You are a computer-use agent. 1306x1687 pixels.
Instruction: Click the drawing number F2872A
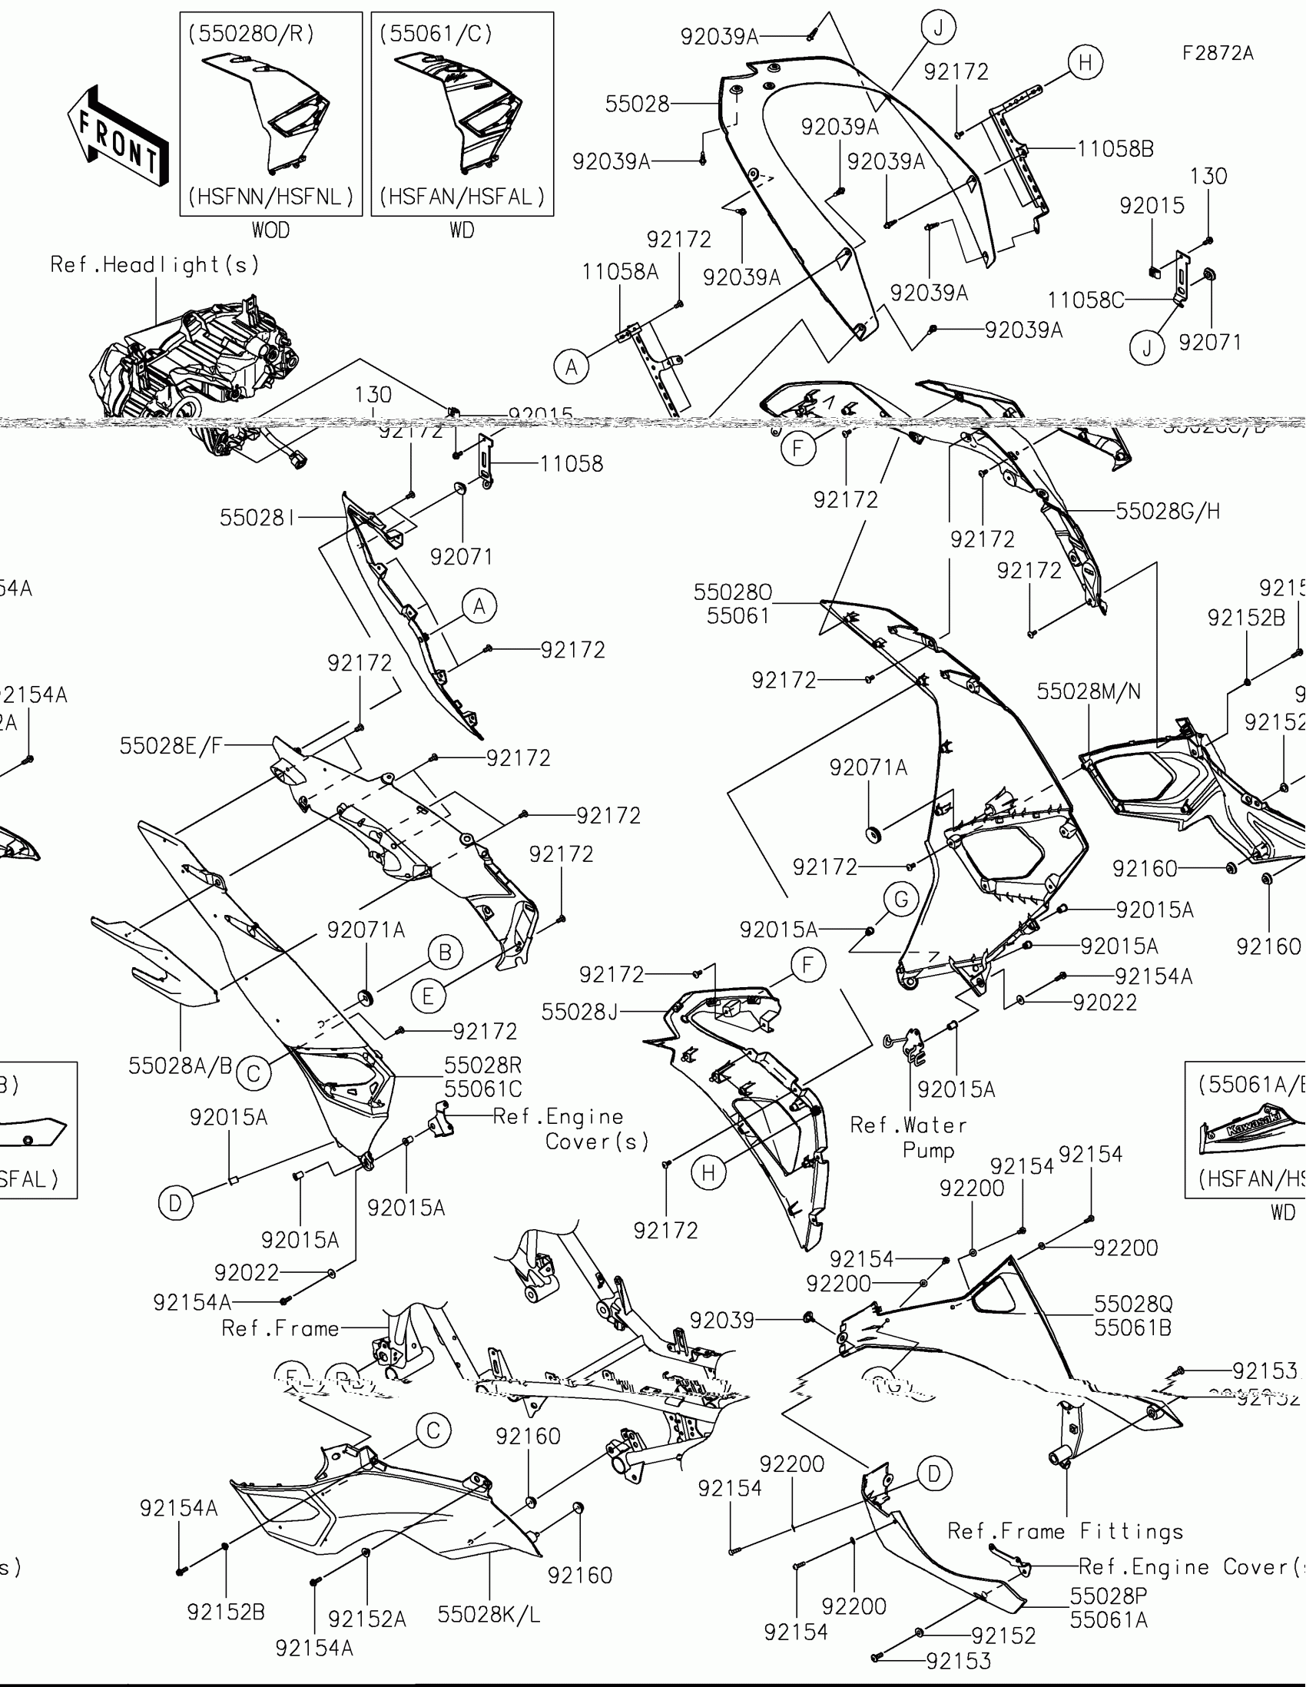click(1218, 53)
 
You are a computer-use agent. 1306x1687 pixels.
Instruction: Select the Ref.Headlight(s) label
click(154, 265)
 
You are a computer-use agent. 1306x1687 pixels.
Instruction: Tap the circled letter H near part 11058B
click(1085, 61)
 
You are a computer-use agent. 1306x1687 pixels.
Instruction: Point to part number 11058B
click(1115, 148)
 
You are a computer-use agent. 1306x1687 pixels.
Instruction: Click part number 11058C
click(1085, 300)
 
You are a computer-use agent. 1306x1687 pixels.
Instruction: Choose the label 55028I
click(257, 518)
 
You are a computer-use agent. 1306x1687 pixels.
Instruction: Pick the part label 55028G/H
click(1167, 511)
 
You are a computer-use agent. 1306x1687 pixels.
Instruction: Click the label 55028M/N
click(1088, 691)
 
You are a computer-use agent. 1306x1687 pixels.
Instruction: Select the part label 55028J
click(579, 1011)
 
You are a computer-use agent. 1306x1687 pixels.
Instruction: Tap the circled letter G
click(901, 900)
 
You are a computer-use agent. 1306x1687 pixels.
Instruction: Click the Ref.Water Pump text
click(908, 1137)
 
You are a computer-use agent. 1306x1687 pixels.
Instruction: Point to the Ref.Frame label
click(280, 1327)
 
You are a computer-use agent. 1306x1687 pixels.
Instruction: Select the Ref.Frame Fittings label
click(1065, 1531)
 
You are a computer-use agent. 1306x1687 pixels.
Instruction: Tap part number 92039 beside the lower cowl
click(721, 1320)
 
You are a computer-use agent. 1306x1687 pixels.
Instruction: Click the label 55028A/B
click(180, 1066)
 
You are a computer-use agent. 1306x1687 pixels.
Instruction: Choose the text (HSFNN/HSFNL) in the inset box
click(270, 197)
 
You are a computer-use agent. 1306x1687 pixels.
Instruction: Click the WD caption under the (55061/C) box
click(462, 230)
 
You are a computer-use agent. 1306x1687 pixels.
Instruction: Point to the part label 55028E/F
click(171, 745)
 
